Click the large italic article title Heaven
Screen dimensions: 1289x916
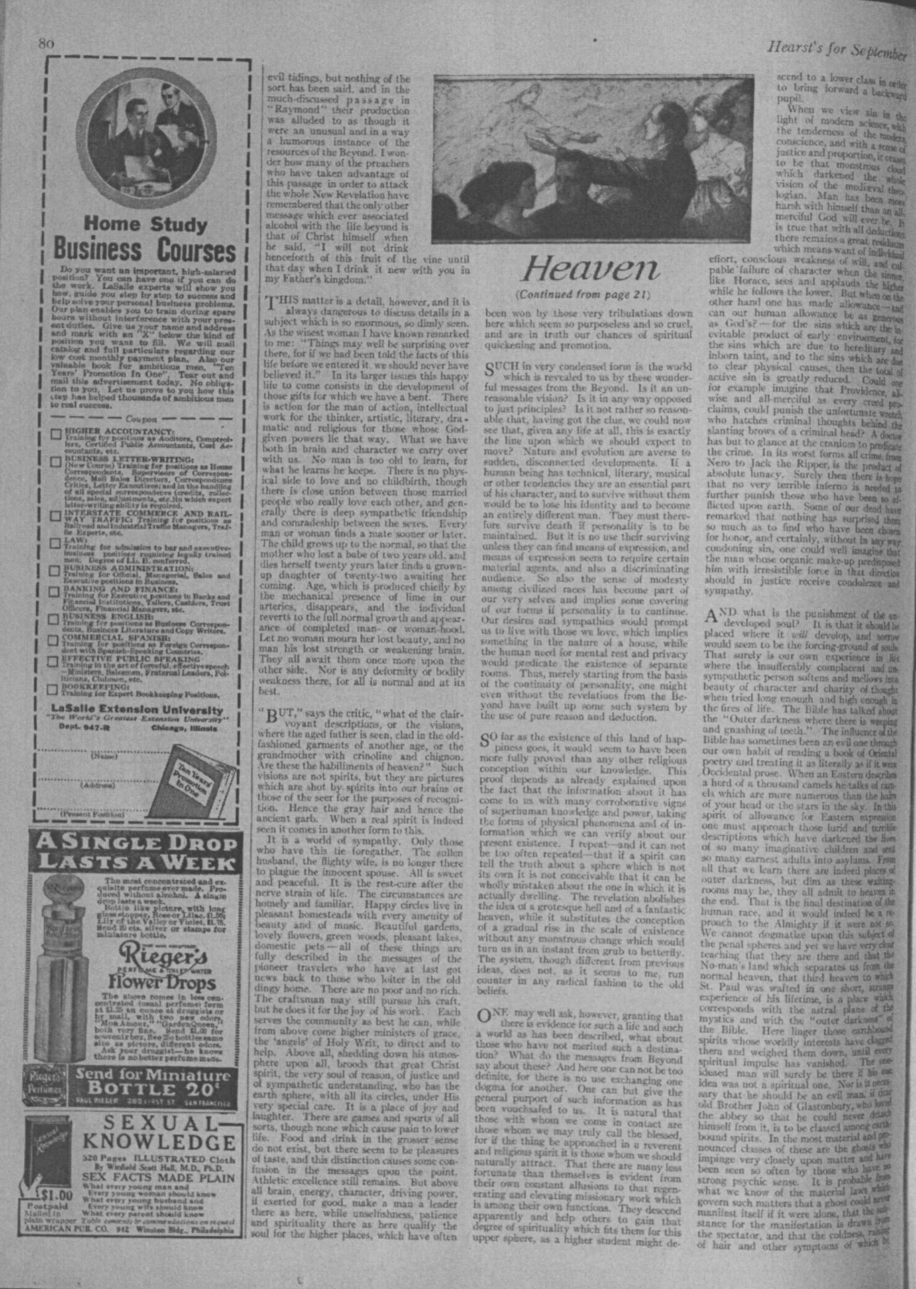pos(590,269)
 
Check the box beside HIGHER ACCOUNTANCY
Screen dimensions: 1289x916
pos(56,434)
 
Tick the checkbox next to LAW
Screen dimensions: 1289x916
pos(56,543)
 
